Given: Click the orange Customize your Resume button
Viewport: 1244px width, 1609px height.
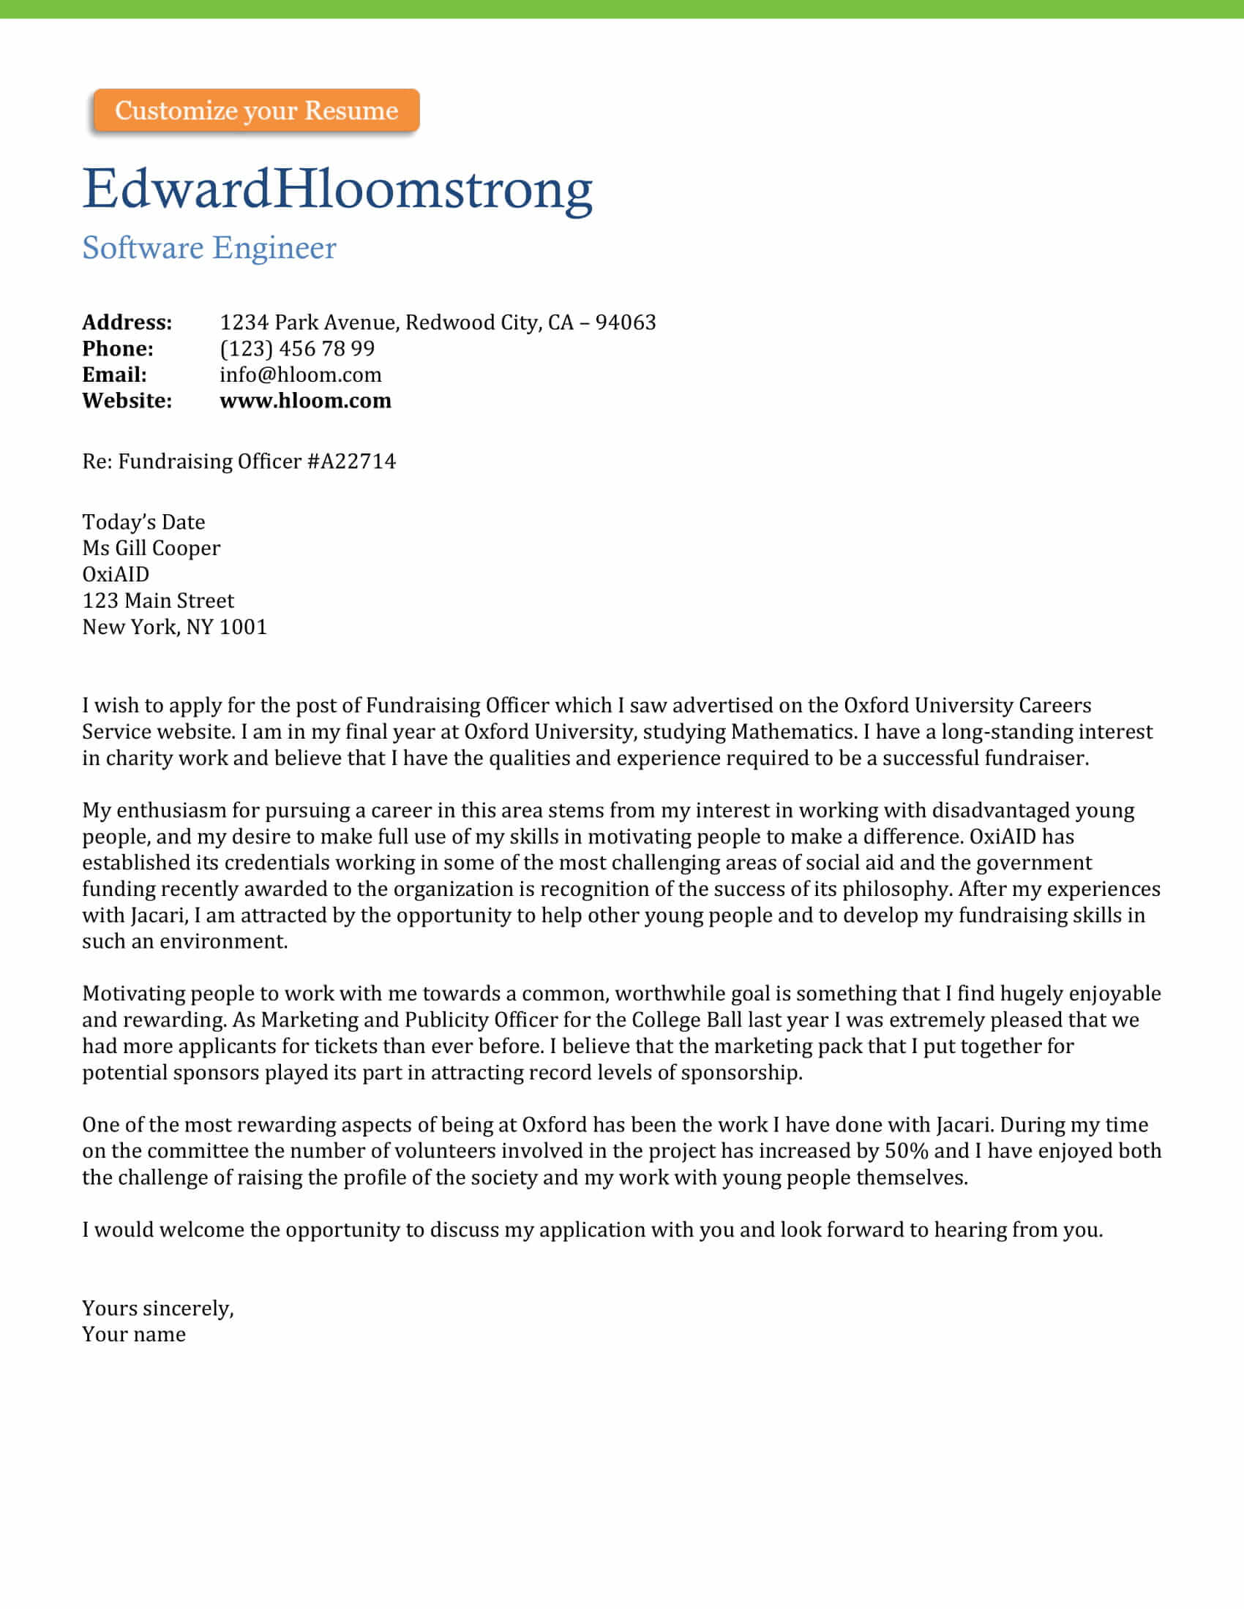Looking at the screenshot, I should coord(255,110).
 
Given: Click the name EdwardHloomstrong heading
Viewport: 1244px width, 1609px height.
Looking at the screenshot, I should coord(337,189).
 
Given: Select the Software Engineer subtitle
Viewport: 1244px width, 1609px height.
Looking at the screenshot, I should coord(209,247).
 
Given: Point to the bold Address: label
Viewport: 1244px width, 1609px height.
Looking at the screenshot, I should coord(127,322).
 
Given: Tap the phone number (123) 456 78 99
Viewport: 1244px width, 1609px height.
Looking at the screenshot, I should coord(297,348).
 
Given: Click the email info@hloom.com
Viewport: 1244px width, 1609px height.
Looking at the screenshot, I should coord(300,374).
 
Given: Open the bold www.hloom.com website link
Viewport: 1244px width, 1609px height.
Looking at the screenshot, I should coord(305,401).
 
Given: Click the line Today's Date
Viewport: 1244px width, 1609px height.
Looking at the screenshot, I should coord(143,521).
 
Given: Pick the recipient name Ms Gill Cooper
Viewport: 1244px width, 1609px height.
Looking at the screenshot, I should coord(150,548).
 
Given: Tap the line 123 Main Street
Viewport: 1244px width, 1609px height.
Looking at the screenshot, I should coord(158,600).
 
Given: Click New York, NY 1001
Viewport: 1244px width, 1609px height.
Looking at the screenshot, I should coord(174,627).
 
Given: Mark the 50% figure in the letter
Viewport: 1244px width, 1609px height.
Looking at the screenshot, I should coord(906,1150).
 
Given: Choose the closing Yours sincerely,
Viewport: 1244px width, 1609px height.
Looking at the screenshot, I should coord(158,1308).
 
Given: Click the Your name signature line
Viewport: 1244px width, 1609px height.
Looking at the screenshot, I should coord(133,1334).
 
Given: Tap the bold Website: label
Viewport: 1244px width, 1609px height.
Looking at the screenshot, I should coord(127,401).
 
